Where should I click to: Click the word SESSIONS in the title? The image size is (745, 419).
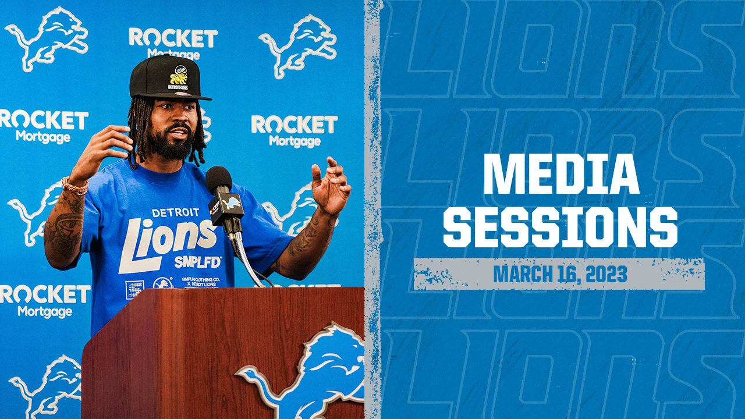pos(560,227)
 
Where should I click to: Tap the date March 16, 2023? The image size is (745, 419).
pos(560,274)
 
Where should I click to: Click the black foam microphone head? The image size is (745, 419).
pos(218,180)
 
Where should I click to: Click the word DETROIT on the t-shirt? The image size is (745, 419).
pos(171,213)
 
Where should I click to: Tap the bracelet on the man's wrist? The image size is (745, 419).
pos(74,186)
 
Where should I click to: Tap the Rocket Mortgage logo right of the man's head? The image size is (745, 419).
pos(295,130)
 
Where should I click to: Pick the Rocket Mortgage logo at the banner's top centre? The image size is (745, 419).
pos(173,42)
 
